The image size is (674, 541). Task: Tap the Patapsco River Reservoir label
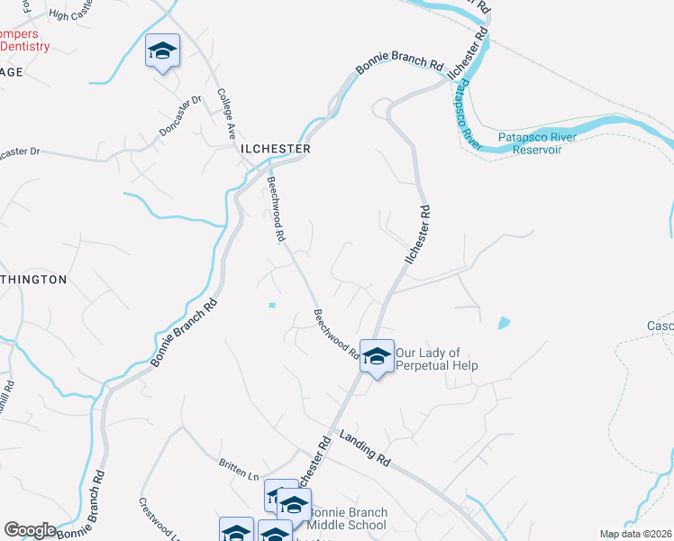pyautogui.click(x=538, y=143)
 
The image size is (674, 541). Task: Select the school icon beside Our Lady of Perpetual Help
pyautogui.click(x=377, y=356)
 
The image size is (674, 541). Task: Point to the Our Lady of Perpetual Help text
pyautogui.click(x=435, y=359)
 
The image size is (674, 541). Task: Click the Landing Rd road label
pyautogui.click(x=365, y=447)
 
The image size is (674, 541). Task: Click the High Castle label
pyautogui.click(x=72, y=15)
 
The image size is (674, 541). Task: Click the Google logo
pyautogui.click(x=30, y=530)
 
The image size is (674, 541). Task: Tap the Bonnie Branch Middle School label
pyautogui.click(x=348, y=518)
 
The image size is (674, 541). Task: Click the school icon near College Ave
pyautogui.click(x=163, y=50)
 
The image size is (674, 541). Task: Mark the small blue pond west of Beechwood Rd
pyautogui.click(x=271, y=305)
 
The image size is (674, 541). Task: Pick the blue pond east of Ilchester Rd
pyautogui.click(x=503, y=321)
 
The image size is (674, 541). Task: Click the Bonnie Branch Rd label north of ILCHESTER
pyautogui.click(x=400, y=66)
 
